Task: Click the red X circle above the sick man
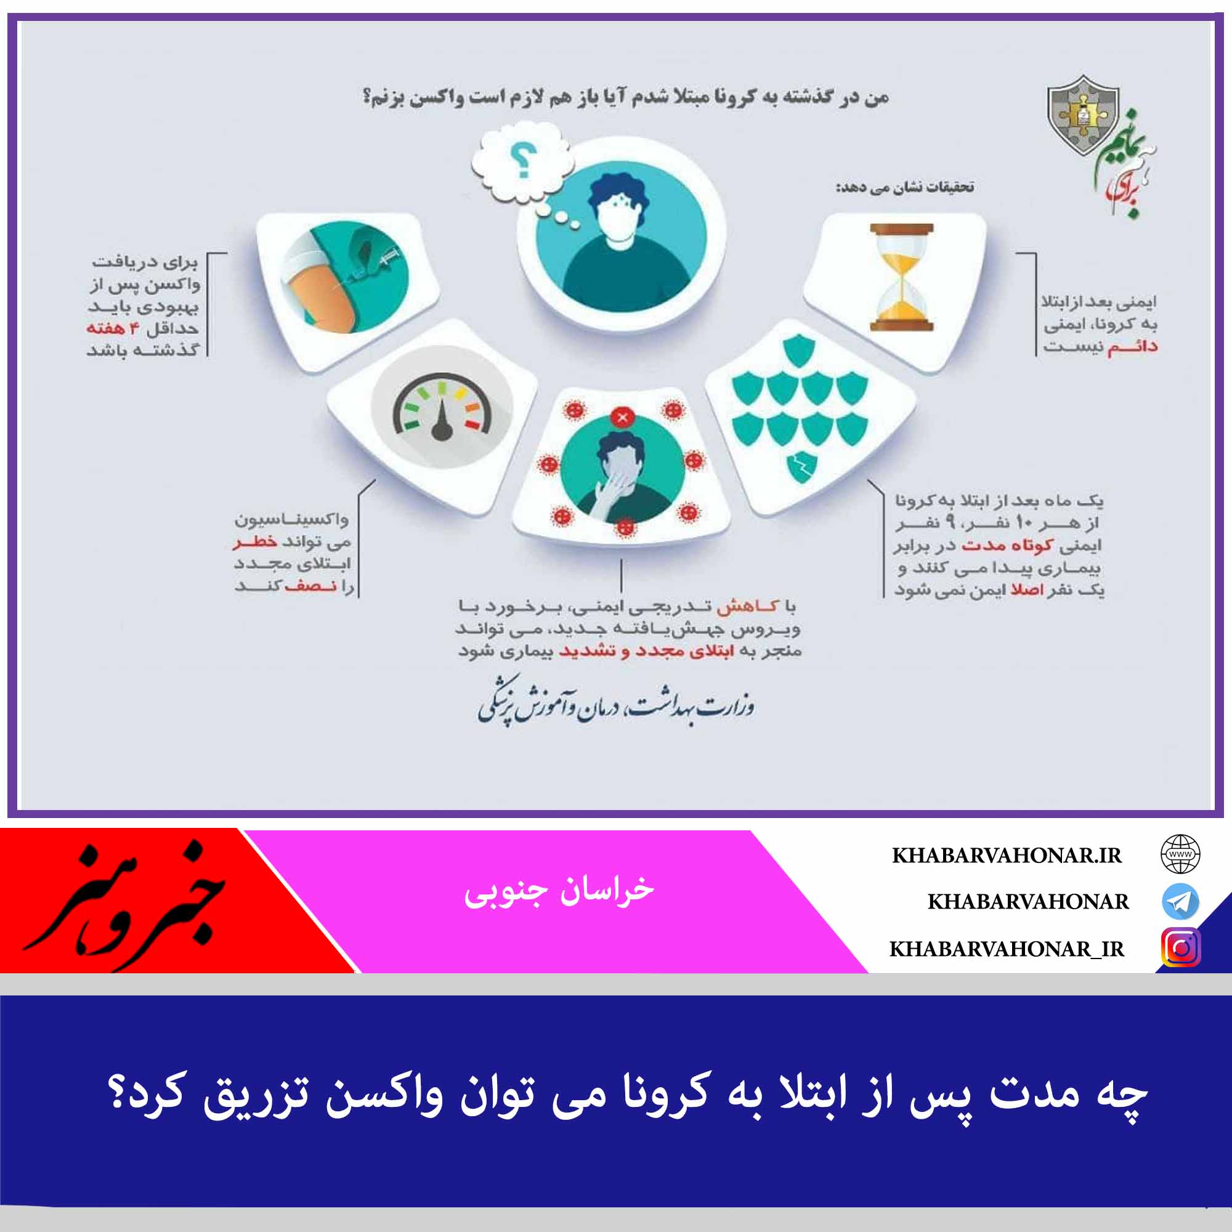click(x=622, y=418)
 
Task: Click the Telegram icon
click(x=1180, y=901)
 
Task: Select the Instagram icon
click(x=1180, y=947)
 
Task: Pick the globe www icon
click(x=1180, y=854)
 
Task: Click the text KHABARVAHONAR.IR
click(x=1007, y=856)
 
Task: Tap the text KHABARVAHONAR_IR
click(x=1007, y=949)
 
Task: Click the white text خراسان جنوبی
click(x=559, y=890)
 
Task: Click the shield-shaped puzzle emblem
click(x=1083, y=115)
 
